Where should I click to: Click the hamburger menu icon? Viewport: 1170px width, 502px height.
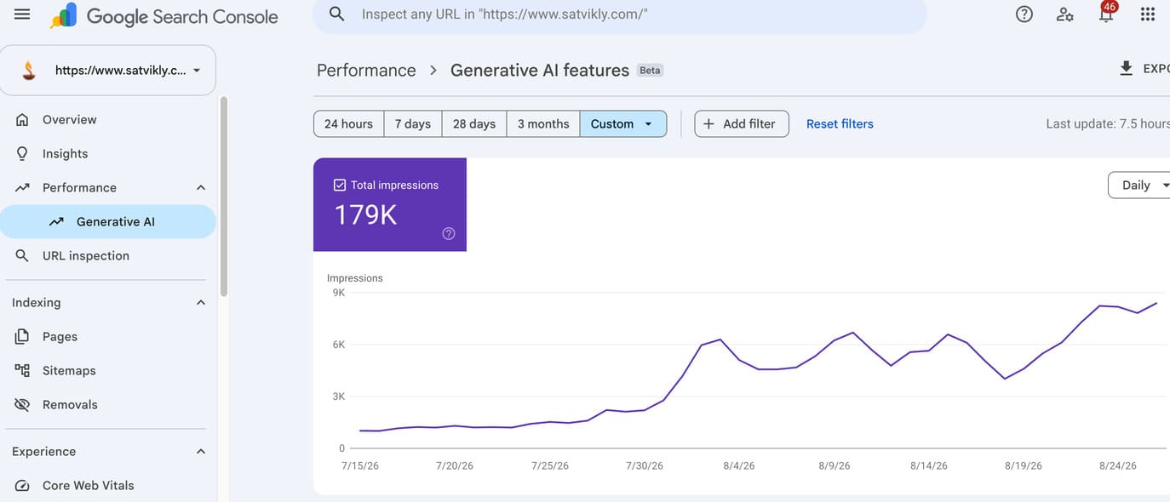[22, 14]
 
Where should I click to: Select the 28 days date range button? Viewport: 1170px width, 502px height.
[473, 123]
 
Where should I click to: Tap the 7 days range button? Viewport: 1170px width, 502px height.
[413, 123]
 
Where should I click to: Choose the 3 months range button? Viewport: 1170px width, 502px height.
[543, 123]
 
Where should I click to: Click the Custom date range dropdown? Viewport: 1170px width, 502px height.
[623, 123]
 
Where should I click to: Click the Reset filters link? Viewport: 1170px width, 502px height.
[840, 123]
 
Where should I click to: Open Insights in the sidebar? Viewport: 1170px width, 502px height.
[65, 153]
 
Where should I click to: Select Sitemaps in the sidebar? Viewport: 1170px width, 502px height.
[69, 370]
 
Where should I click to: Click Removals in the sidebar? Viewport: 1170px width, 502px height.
[70, 404]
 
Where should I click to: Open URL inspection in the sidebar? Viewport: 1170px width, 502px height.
[86, 256]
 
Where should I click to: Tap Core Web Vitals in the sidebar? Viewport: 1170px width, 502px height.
[88, 485]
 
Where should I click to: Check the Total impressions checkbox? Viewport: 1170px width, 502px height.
[340, 185]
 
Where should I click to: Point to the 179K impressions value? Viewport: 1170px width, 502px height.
[365, 214]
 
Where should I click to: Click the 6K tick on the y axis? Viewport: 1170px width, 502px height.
[338, 345]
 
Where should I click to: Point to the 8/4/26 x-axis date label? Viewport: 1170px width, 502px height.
[738, 465]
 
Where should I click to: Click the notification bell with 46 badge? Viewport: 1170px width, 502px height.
[1106, 13]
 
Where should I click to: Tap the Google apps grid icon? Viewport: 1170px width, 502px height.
[1148, 14]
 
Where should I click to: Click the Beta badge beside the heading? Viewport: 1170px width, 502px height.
[650, 70]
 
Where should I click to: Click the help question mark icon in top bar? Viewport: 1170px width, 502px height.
[1024, 14]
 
